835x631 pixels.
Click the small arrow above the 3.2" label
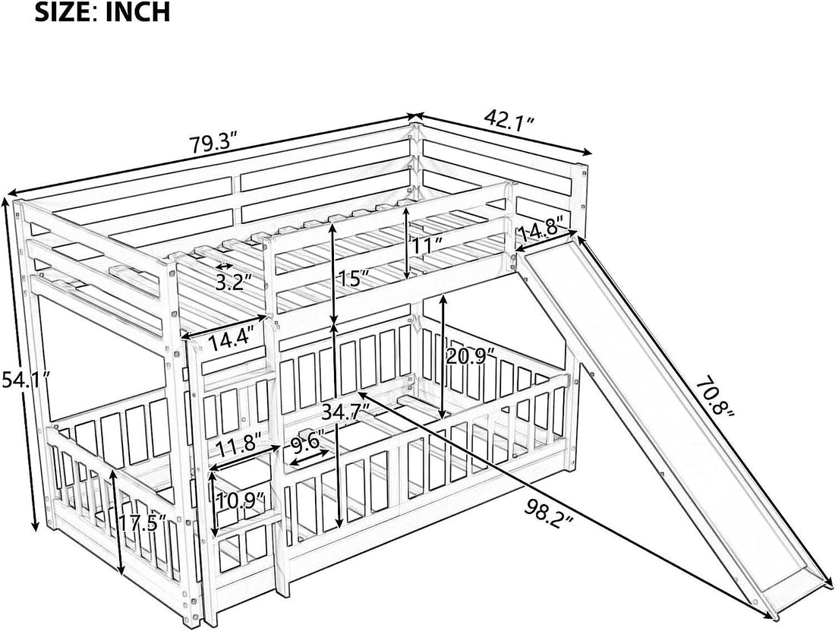point(223,267)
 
